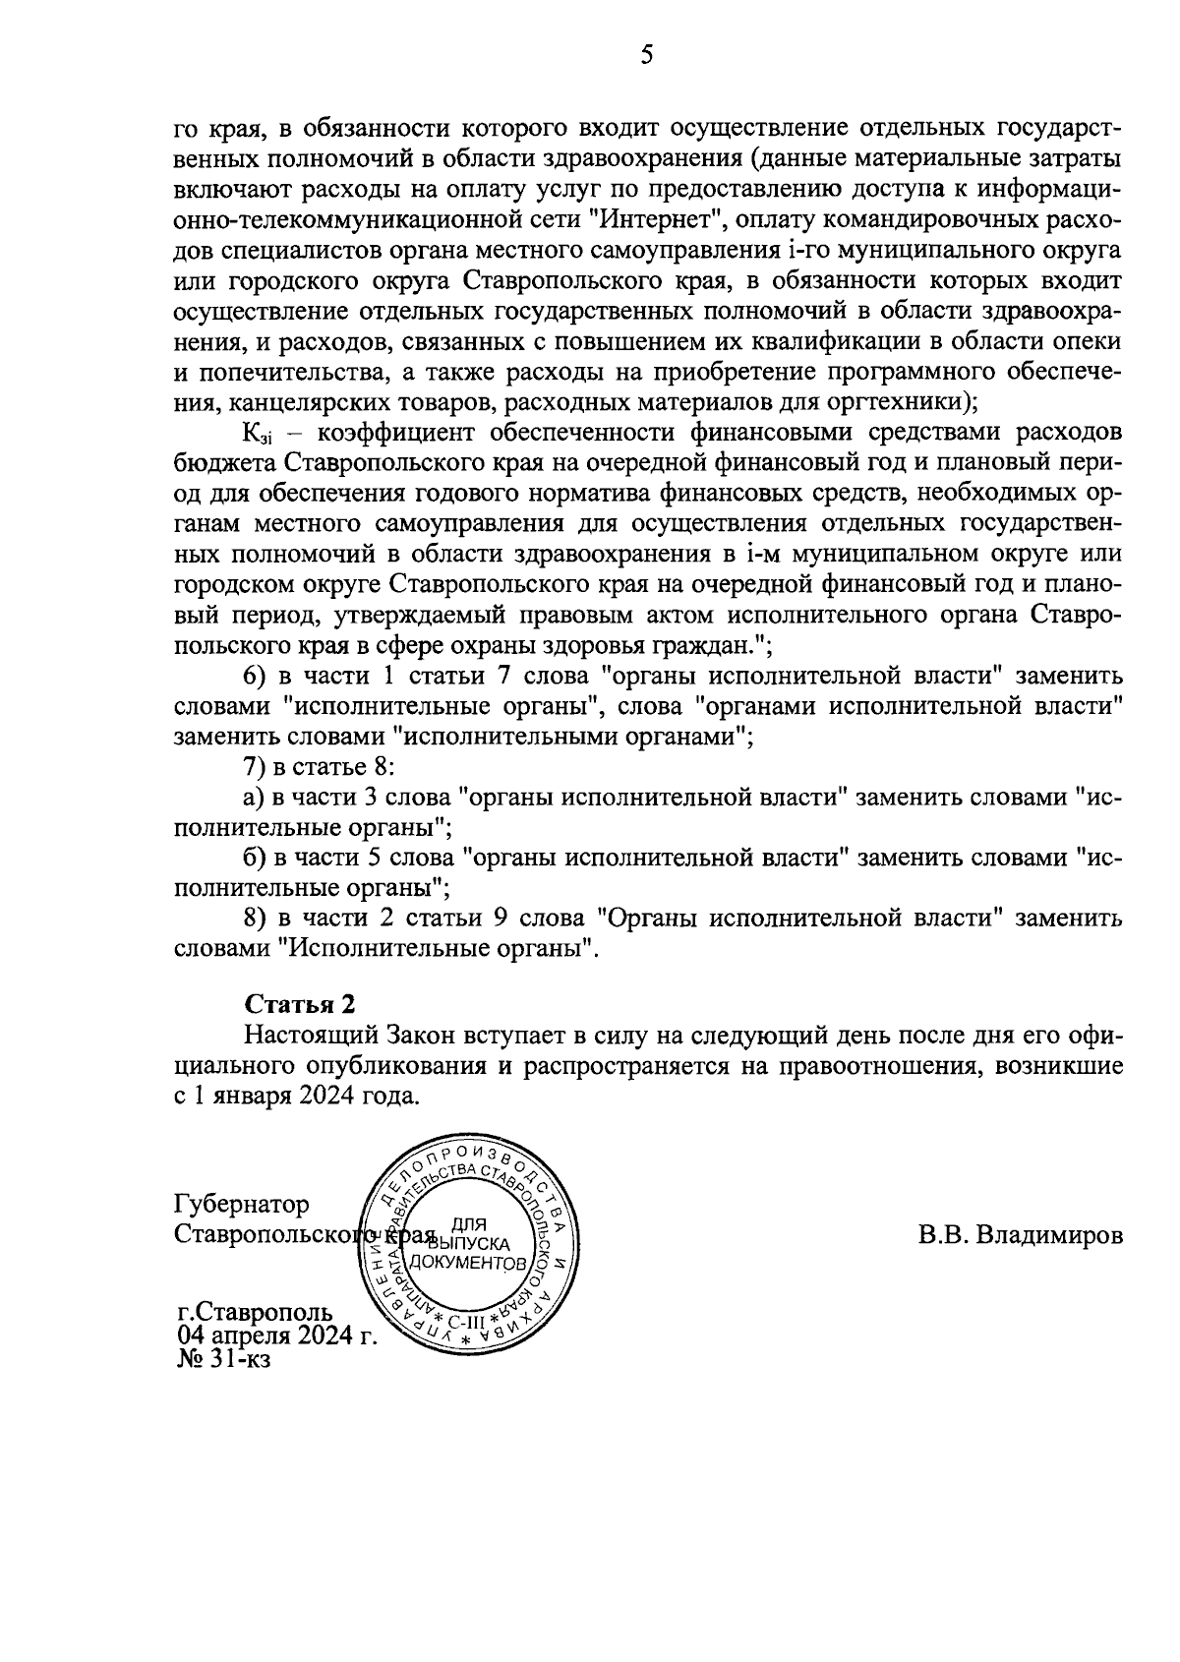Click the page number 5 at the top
coord(646,55)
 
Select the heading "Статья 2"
coord(299,1004)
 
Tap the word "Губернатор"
coord(241,1204)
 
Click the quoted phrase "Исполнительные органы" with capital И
coord(438,949)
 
